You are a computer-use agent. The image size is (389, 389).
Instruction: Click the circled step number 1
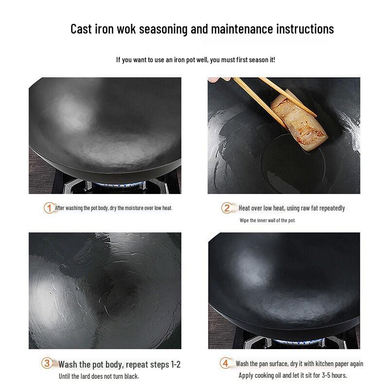49,208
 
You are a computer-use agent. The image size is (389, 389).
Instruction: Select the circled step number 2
227,208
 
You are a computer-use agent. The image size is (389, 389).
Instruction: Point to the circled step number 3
47,363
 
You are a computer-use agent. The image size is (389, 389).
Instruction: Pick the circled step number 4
225,363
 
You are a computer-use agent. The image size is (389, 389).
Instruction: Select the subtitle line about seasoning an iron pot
195,60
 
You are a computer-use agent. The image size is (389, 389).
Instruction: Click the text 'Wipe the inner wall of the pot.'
267,220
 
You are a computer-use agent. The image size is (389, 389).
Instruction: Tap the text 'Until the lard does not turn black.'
99,376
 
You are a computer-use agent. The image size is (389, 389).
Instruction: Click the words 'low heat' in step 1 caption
161,208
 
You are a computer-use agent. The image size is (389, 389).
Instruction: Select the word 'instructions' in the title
305,29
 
